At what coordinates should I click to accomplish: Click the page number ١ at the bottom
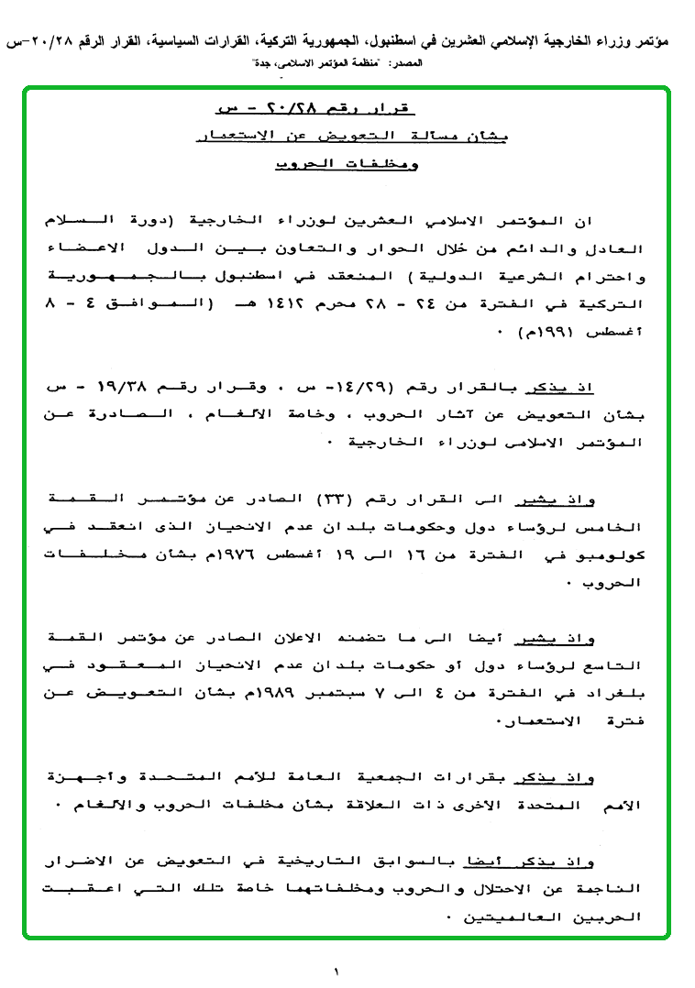(x=336, y=971)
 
